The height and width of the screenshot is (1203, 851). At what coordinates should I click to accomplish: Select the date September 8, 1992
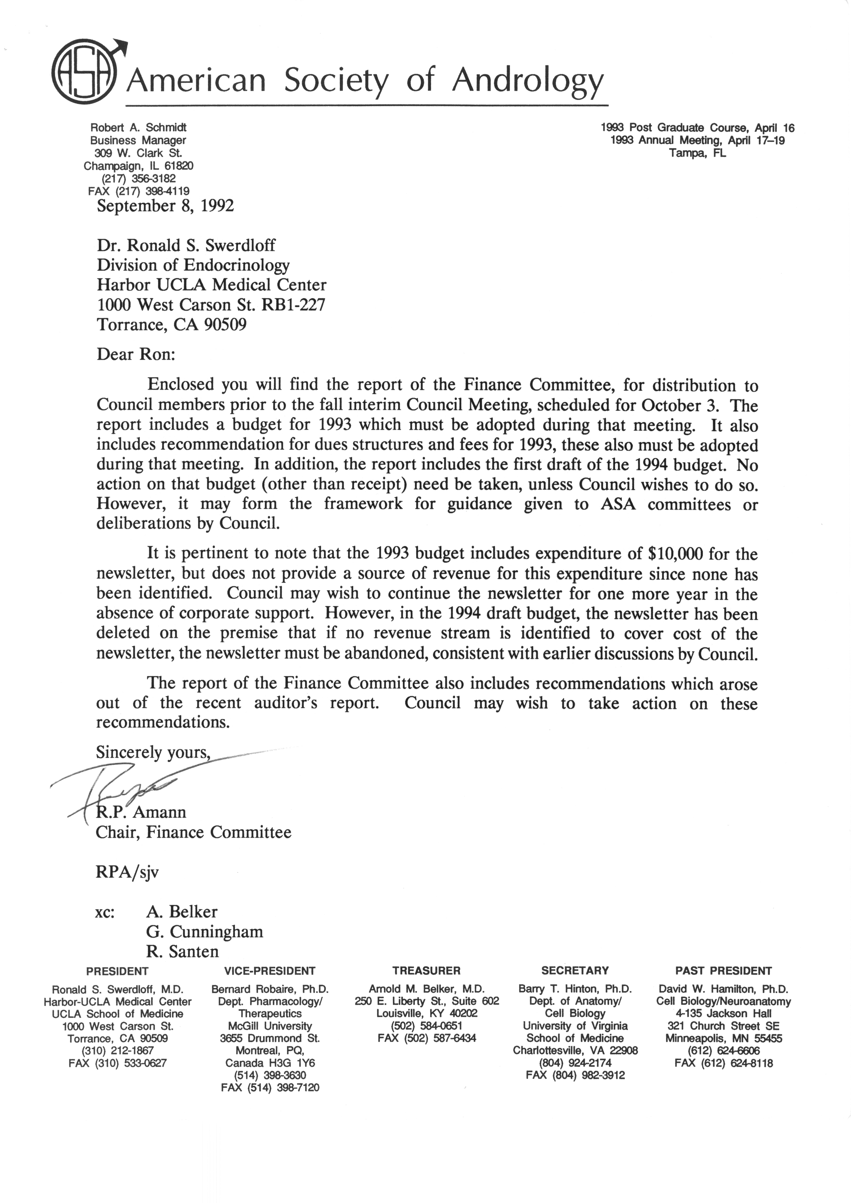point(165,205)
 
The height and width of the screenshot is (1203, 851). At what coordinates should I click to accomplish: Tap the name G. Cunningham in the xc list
point(204,932)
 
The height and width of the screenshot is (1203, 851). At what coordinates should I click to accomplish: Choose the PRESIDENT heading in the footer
point(118,971)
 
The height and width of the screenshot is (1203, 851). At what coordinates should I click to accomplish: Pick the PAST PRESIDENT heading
point(724,971)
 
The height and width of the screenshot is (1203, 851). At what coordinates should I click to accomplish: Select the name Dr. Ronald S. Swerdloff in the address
point(186,245)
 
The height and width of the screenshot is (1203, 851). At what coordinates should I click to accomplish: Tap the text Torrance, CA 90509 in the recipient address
point(172,325)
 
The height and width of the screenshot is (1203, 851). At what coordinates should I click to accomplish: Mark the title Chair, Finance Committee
point(193,833)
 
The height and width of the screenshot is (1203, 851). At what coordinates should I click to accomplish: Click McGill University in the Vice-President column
point(270,1026)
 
